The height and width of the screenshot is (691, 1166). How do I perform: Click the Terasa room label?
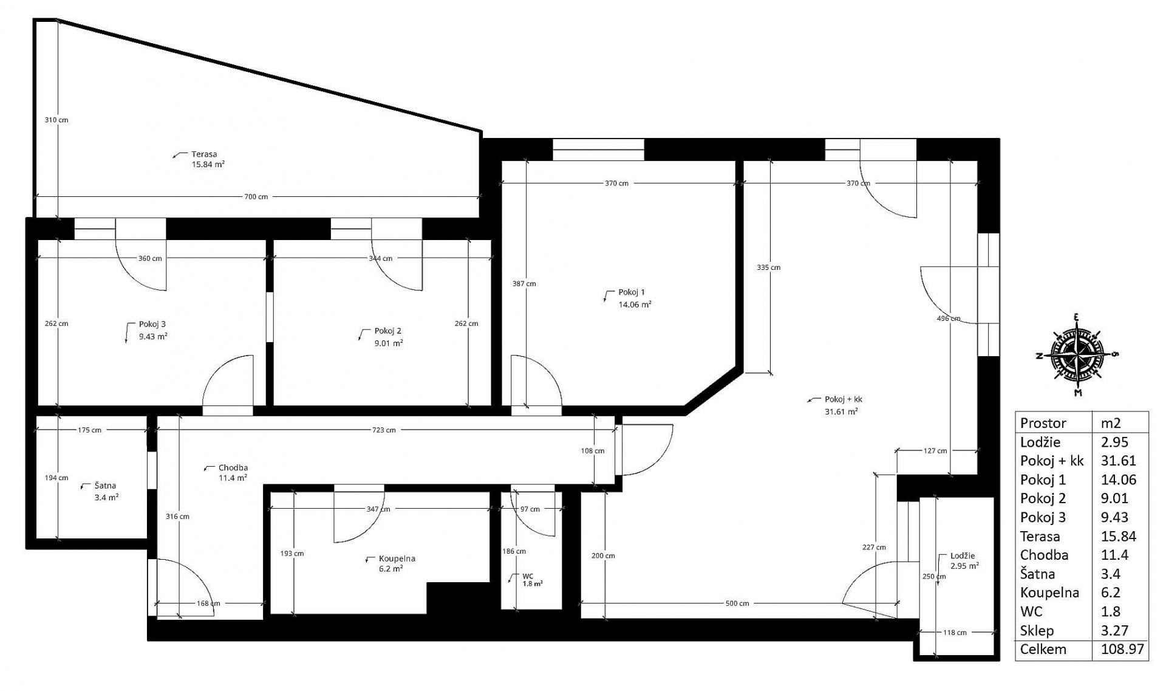click(204, 154)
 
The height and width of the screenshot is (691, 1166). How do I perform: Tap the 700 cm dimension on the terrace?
click(256, 197)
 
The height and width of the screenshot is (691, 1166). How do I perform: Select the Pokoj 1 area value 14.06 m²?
click(635, 304)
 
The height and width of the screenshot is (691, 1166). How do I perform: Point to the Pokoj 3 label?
click(152, 325)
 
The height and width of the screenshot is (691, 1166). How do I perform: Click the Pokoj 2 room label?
click(387, 331)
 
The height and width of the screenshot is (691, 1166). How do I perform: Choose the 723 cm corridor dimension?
click(384, 430)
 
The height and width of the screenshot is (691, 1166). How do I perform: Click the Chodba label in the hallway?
click(233, 468)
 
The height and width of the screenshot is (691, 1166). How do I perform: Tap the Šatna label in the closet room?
click(105, 486)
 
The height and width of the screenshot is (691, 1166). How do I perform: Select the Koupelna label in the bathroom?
click(397, 559)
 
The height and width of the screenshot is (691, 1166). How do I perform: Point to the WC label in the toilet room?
click(528, 576)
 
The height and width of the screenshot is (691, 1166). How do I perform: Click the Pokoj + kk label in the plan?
click(844, 400)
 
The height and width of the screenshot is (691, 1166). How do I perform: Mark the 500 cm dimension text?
click(737, 603)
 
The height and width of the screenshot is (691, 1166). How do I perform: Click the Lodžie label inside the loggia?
click(963, 556)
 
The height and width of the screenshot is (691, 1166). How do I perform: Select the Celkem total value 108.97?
click(1122, 649)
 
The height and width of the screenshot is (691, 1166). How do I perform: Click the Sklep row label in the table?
click(1037, 631)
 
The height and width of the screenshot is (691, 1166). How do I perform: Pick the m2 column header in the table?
click(1111, 423)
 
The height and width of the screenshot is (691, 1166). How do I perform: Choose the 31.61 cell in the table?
click(1119, 461)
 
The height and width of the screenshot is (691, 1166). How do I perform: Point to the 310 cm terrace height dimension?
click(56, 120)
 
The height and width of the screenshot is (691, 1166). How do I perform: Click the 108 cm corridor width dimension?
click(593, 451)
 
